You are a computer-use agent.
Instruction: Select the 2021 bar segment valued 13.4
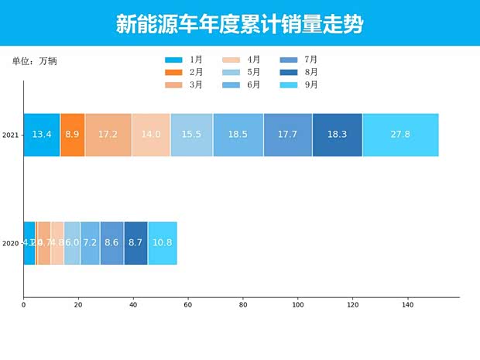[42, 135]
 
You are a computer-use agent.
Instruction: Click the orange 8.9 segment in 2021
[73, 135]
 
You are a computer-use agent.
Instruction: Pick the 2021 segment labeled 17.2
[108, 135]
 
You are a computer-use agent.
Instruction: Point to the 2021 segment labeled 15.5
[191, 135]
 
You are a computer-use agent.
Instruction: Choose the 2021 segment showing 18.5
[238, 135]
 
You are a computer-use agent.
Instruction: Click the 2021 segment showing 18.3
[337, 135]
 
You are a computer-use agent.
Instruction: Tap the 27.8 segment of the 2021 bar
[400, 135]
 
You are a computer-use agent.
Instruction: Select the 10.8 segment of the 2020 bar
[163, 243]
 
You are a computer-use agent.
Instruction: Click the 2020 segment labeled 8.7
[135, 243]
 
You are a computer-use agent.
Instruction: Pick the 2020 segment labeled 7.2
[90, 243]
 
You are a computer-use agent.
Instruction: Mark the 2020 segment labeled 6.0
[72, 243]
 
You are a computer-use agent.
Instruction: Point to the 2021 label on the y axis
[11, 135]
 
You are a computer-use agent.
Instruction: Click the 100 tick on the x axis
[298, 305]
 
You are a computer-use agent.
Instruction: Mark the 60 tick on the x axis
[188, 305]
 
